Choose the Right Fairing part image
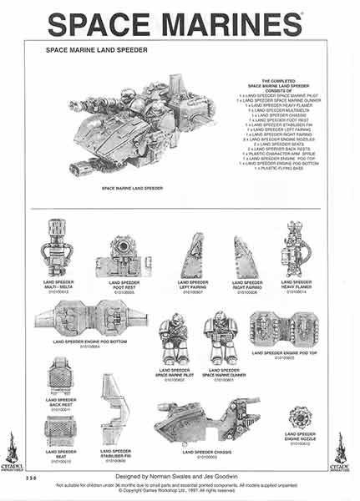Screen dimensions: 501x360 246,257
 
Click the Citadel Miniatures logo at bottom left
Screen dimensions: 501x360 13,452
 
